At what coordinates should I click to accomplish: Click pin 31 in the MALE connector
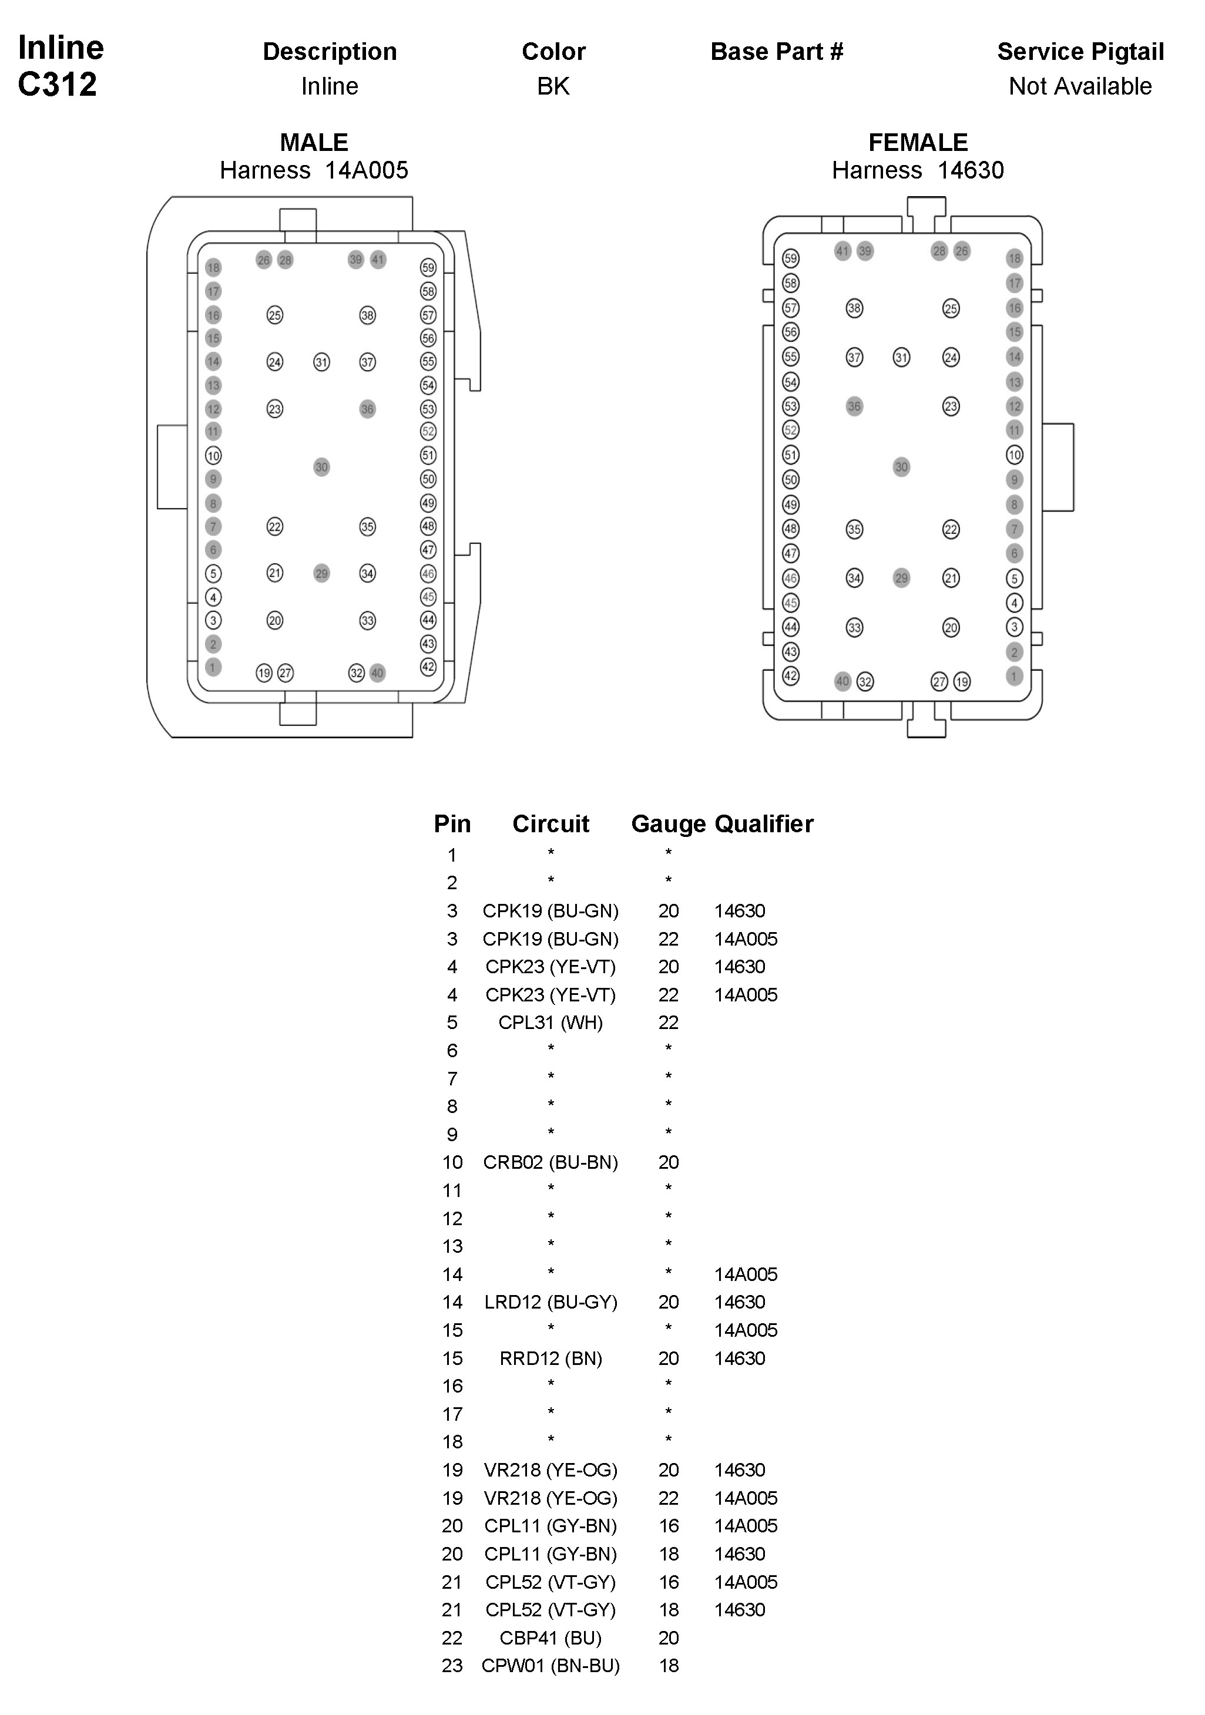[x=321, y=362]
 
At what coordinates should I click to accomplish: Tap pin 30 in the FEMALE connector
[x=902, y=467]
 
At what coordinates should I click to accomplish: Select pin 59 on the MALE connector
[x=428, y=267]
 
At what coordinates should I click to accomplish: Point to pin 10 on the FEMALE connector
[x=1015, y=455]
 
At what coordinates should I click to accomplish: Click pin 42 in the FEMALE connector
[x=790, y=676]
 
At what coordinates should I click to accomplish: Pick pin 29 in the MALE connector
[x=321, y=574]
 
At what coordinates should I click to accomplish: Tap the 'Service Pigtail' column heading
[x=1080, y=52]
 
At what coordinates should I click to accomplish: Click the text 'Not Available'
[x=1080, y=87]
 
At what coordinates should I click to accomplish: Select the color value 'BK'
[x=553, y=87]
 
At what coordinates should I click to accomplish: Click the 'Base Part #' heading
[x=777, y=52]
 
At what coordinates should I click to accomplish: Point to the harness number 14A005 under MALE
[x=366, y=170]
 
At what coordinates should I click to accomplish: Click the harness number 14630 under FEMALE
[x=971, y=170]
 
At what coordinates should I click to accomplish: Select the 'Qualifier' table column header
[x=764, y=824]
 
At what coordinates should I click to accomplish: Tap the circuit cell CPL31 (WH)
[x=551, y=1023]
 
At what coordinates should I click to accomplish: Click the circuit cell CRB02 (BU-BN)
[x=551, y=1162]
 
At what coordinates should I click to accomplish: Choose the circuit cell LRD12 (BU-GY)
[x=551, y=1302]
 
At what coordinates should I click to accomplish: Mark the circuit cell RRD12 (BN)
[x=551, y=1358]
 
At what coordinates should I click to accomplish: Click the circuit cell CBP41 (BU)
[x=551, y=1638]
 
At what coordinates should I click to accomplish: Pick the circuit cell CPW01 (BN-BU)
[x=551, y=1666]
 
